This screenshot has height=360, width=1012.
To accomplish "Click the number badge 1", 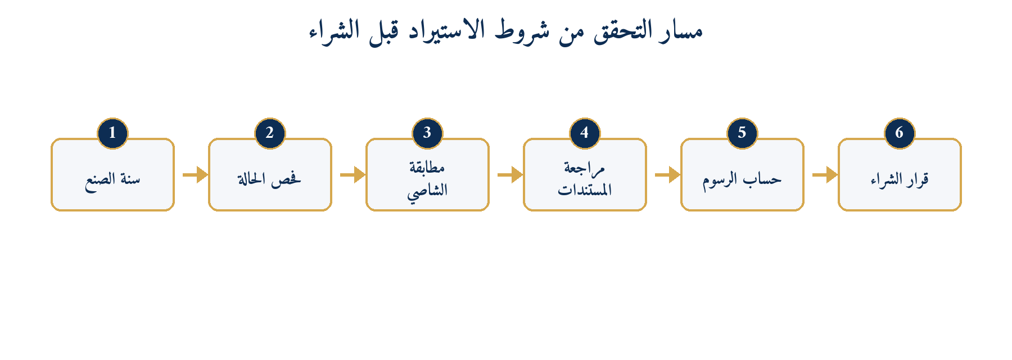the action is pyautogui.click(x=112, y=133).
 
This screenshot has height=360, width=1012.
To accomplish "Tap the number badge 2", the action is pyautogui.click(x=270, y=133).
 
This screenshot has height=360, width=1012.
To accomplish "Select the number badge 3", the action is pyautogui.click(x=427, y=133).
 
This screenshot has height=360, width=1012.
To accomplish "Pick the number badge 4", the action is pyautogui.click(x=585, y=133).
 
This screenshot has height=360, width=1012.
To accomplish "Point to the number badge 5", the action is pyautogui.click(x=742, y=133).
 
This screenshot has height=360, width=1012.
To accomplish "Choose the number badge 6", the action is pyautogui.click(x=900, y=133).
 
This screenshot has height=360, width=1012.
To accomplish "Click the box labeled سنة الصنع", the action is pyautogui.click(x=112, y=175).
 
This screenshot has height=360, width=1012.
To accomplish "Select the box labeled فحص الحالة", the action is pyautogui.click(x=270, y=175).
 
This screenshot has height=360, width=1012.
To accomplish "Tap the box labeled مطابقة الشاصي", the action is pyautogui.click(x=427, y=175).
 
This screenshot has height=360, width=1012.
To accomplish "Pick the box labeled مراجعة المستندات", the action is pyautogui.click(x=585, y=175).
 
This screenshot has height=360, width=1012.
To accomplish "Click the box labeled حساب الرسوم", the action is pyautogui.click(x=742, y=175).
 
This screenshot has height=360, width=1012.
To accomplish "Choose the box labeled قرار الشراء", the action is pyautogui.click(x=900, y=175).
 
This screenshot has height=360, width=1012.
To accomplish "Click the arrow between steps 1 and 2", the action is pyautogui.click(x=195, y=175).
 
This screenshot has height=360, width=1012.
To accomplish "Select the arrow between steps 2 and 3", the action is pyautogui.click(x=353, y=175).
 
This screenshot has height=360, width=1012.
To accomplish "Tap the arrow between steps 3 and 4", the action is pyautogui.click(x=510, y=175).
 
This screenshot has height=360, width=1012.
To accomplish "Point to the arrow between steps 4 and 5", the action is pyautogui.click(x=667, y=175).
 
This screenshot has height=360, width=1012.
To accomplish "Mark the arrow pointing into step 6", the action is pyautogui.click(x=825, y=175).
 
